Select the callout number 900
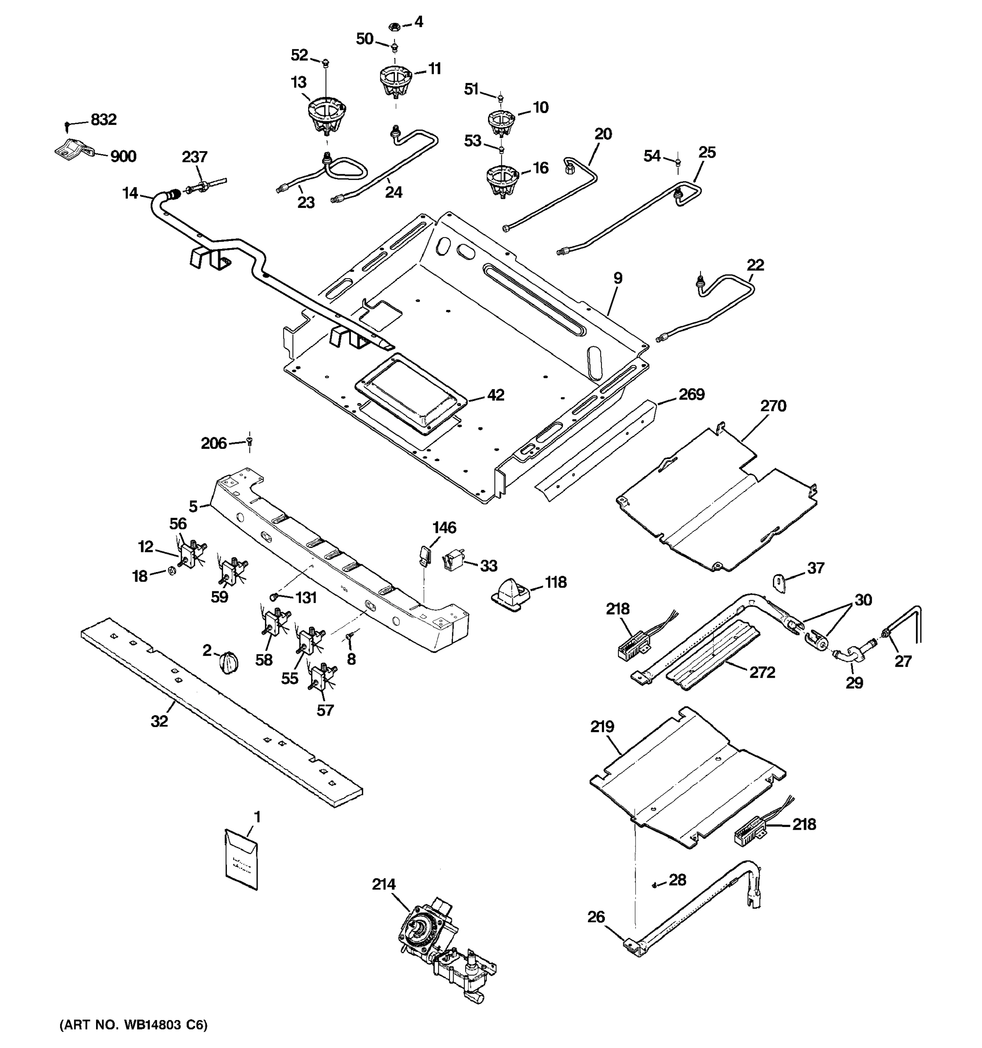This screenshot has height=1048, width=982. [x=123, y=157]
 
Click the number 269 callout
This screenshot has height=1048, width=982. [x=691, y=394]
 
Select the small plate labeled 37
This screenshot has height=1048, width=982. [x=779, y=582]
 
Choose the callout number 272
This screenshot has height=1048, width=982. [x=762, y=672]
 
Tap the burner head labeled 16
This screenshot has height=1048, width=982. [x=501, y=181]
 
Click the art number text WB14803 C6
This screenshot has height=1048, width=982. [x=133, y=1025]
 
